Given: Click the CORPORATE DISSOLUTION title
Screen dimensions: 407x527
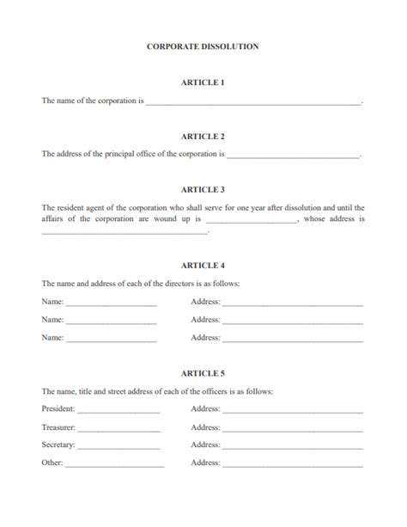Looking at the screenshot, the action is point(203,46).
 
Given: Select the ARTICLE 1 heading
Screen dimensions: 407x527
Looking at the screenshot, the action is point(203,83).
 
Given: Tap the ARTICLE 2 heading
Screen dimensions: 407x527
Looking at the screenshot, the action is point(203,137).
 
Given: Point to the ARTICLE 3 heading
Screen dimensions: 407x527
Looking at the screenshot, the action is point(203,189).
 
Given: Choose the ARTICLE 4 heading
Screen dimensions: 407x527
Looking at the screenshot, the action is point(203,266).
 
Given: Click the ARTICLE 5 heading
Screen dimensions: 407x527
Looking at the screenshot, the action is point(203,374).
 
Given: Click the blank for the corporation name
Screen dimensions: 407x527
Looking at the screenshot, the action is point(253,102).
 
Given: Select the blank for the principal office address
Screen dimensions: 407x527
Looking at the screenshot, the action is point(293,156).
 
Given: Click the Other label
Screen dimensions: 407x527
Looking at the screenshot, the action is point(52,463).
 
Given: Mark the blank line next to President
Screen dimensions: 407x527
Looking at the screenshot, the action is point(118,411).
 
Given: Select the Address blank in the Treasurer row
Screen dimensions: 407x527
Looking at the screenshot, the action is point(293,429).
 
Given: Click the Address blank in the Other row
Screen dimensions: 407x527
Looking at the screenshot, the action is point(293,465).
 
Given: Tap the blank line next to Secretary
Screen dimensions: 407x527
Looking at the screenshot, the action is point(118,447).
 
